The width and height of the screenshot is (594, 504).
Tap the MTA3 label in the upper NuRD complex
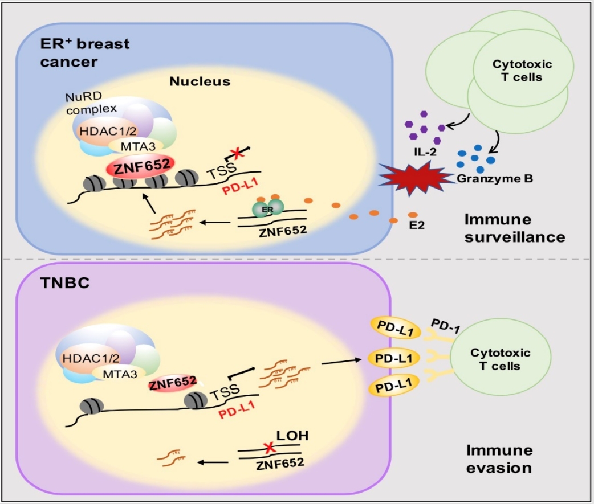[138, 146]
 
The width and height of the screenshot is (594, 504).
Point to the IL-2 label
[425, 152]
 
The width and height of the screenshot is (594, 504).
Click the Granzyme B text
[495, 178]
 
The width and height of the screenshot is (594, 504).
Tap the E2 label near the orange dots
[417, 225]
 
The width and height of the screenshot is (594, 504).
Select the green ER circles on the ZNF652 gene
[268, 208]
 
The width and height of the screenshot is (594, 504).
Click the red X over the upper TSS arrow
[237, 153]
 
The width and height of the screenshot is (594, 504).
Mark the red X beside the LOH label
[269, 448]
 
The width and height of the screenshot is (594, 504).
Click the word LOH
[292, 436]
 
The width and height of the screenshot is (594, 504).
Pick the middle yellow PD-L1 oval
[394, 358]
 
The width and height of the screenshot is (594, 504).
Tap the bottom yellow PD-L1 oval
[393, 386]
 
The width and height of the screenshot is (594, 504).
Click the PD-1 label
[446, 326]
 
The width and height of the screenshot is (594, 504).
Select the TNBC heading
[65, 283]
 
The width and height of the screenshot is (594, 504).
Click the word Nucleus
[200, 81]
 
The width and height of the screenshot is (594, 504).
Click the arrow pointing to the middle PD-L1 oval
[341, 362]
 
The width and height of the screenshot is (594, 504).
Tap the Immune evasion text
[499, 459]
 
